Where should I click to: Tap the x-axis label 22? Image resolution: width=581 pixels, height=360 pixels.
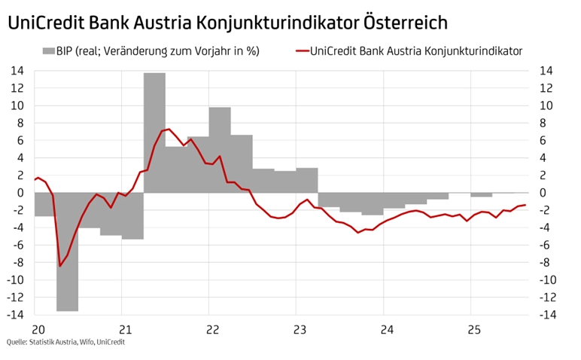[212, 328]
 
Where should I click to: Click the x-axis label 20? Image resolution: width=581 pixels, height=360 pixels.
[38, 328]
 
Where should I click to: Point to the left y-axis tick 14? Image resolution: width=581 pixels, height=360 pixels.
[17, 72]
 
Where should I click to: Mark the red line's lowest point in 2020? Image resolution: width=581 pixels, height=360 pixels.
[60, 266]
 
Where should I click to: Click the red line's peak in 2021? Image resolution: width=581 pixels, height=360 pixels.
[168, 129]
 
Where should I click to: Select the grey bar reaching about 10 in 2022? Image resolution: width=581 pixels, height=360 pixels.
[220, 150]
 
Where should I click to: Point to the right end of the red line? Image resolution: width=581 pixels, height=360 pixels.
[525, 206]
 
